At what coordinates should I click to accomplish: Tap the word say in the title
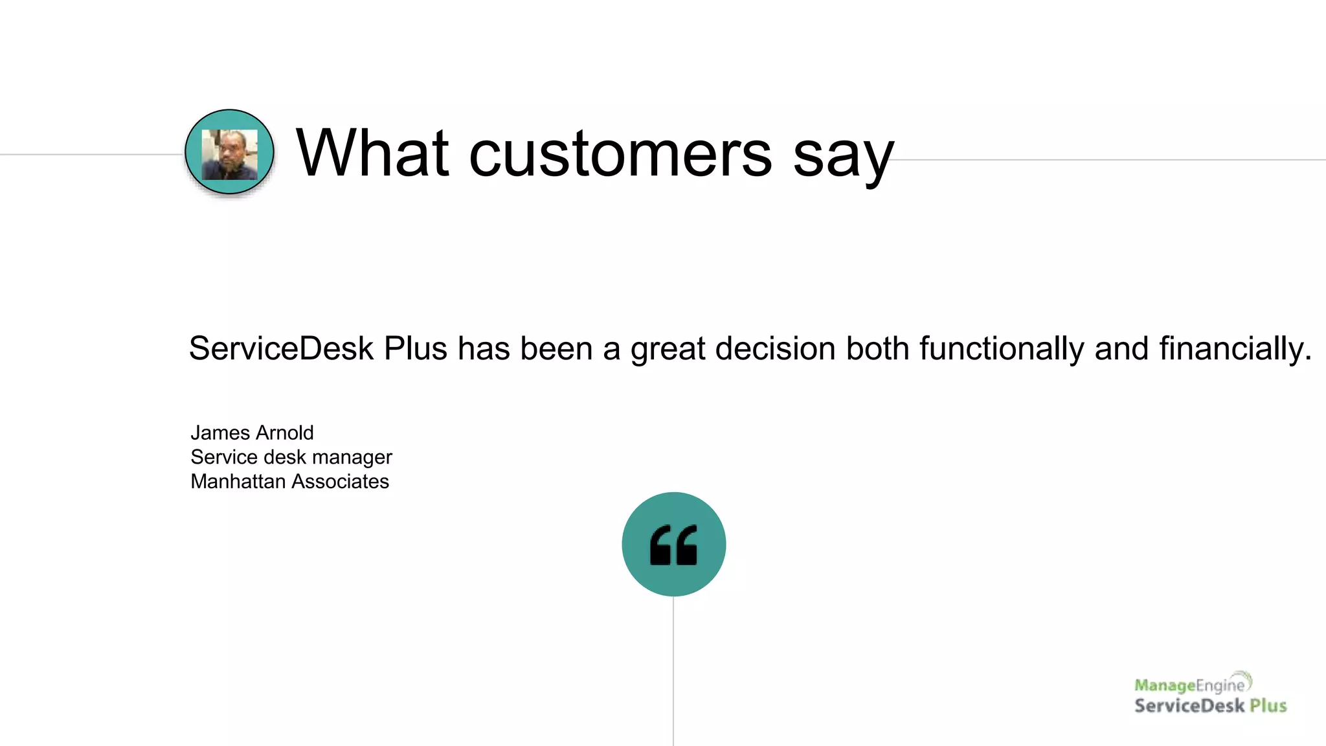click(x=843, y=157)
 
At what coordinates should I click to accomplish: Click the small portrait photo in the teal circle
click(x=229, y=154)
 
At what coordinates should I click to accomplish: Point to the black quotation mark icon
click(x=673, y=545)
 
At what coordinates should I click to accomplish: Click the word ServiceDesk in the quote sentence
click(x=281, y=348)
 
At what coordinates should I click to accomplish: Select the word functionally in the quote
click(x=1002, y=348)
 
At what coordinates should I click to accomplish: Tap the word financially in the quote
click(x=1235, y=348)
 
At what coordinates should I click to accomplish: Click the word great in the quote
click(x=668, y=348)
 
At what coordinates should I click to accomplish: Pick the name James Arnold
click(x=252, y=433)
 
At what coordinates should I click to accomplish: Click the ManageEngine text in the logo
click(x=1190, y=685)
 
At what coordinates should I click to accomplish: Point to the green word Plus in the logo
click(x=1268, y=705)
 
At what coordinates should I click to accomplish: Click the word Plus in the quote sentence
click(x=415, y=348)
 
